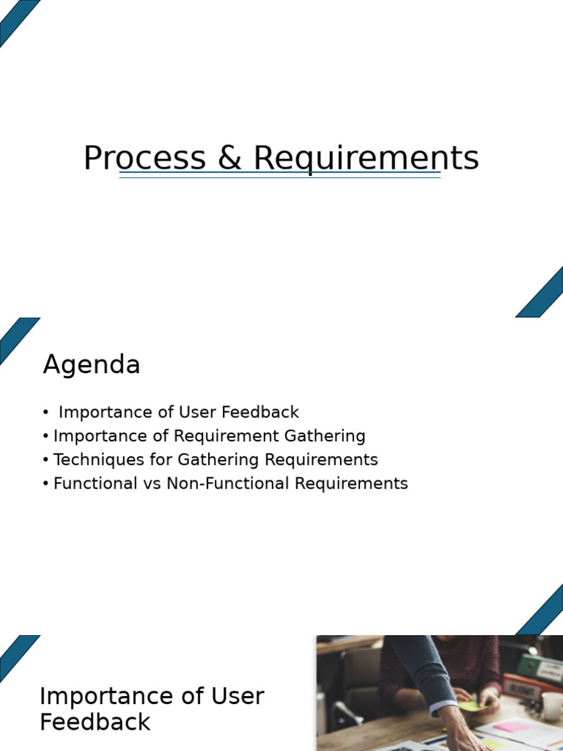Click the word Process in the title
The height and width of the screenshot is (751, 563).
144,158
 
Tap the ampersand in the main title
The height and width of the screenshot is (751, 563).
229,158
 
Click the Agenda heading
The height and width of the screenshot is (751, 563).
92,364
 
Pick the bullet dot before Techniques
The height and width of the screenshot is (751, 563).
46,461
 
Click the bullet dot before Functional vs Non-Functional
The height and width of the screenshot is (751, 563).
46,484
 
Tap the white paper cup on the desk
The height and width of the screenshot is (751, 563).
552,706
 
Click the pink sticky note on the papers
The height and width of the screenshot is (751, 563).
511,727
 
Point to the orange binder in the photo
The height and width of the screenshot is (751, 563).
522,688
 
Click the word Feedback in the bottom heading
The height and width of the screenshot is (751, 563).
95,722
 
